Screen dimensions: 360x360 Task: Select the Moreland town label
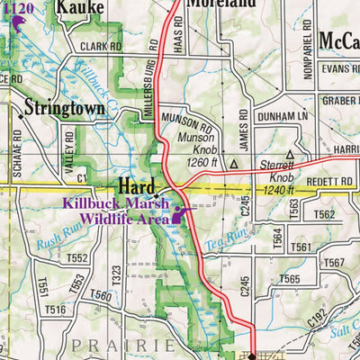pyautogui.click(x=221, y=4)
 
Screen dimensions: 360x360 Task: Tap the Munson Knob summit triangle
pyautogui.click(x=234, y=166)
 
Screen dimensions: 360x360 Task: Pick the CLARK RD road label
pyautogui.click(x=99, y=46)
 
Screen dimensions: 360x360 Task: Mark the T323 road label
pyautogui.click(x=115, y=271)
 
